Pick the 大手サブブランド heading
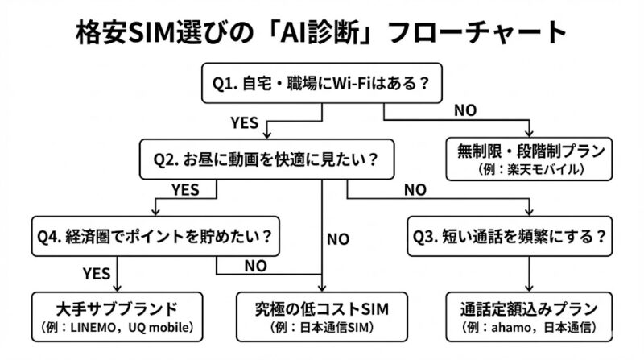(x=117, y=308)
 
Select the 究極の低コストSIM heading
(x=322, y=308)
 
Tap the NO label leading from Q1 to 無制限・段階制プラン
(x=464, y=110)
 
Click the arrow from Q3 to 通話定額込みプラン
(x=528, y=274)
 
